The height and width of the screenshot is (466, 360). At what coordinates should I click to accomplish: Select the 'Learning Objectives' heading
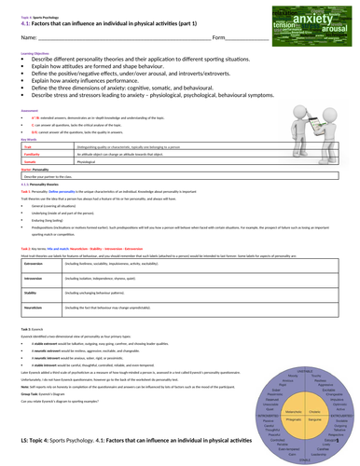tap(25, 55)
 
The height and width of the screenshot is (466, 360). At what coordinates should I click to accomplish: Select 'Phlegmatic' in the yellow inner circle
tap(293, 420)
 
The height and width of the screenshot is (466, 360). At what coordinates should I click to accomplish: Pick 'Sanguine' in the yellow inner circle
tap(314, 420)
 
